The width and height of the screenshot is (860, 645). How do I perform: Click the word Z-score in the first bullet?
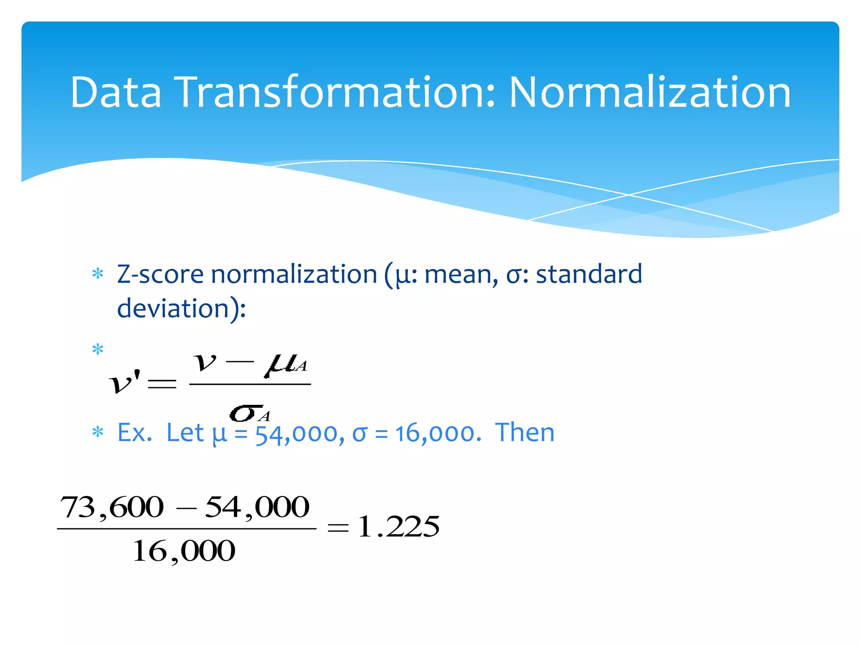(160, 275)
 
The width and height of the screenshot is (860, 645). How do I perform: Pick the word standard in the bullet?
(589, 275)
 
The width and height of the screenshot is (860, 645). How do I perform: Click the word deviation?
(172, 309)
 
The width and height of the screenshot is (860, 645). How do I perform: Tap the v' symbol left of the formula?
(124, 382)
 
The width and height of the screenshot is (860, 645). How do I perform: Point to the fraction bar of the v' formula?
(250, 384)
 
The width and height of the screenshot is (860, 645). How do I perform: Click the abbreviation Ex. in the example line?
(134, 433)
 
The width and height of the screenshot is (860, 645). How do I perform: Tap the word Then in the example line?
(525, 433)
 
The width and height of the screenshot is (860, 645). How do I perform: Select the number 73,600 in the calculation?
(112, 507)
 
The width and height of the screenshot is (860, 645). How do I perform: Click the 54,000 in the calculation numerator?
(257, 507)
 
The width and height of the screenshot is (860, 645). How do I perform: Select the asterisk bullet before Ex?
(98, 433)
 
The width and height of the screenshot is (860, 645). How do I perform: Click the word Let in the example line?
(185, 433)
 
